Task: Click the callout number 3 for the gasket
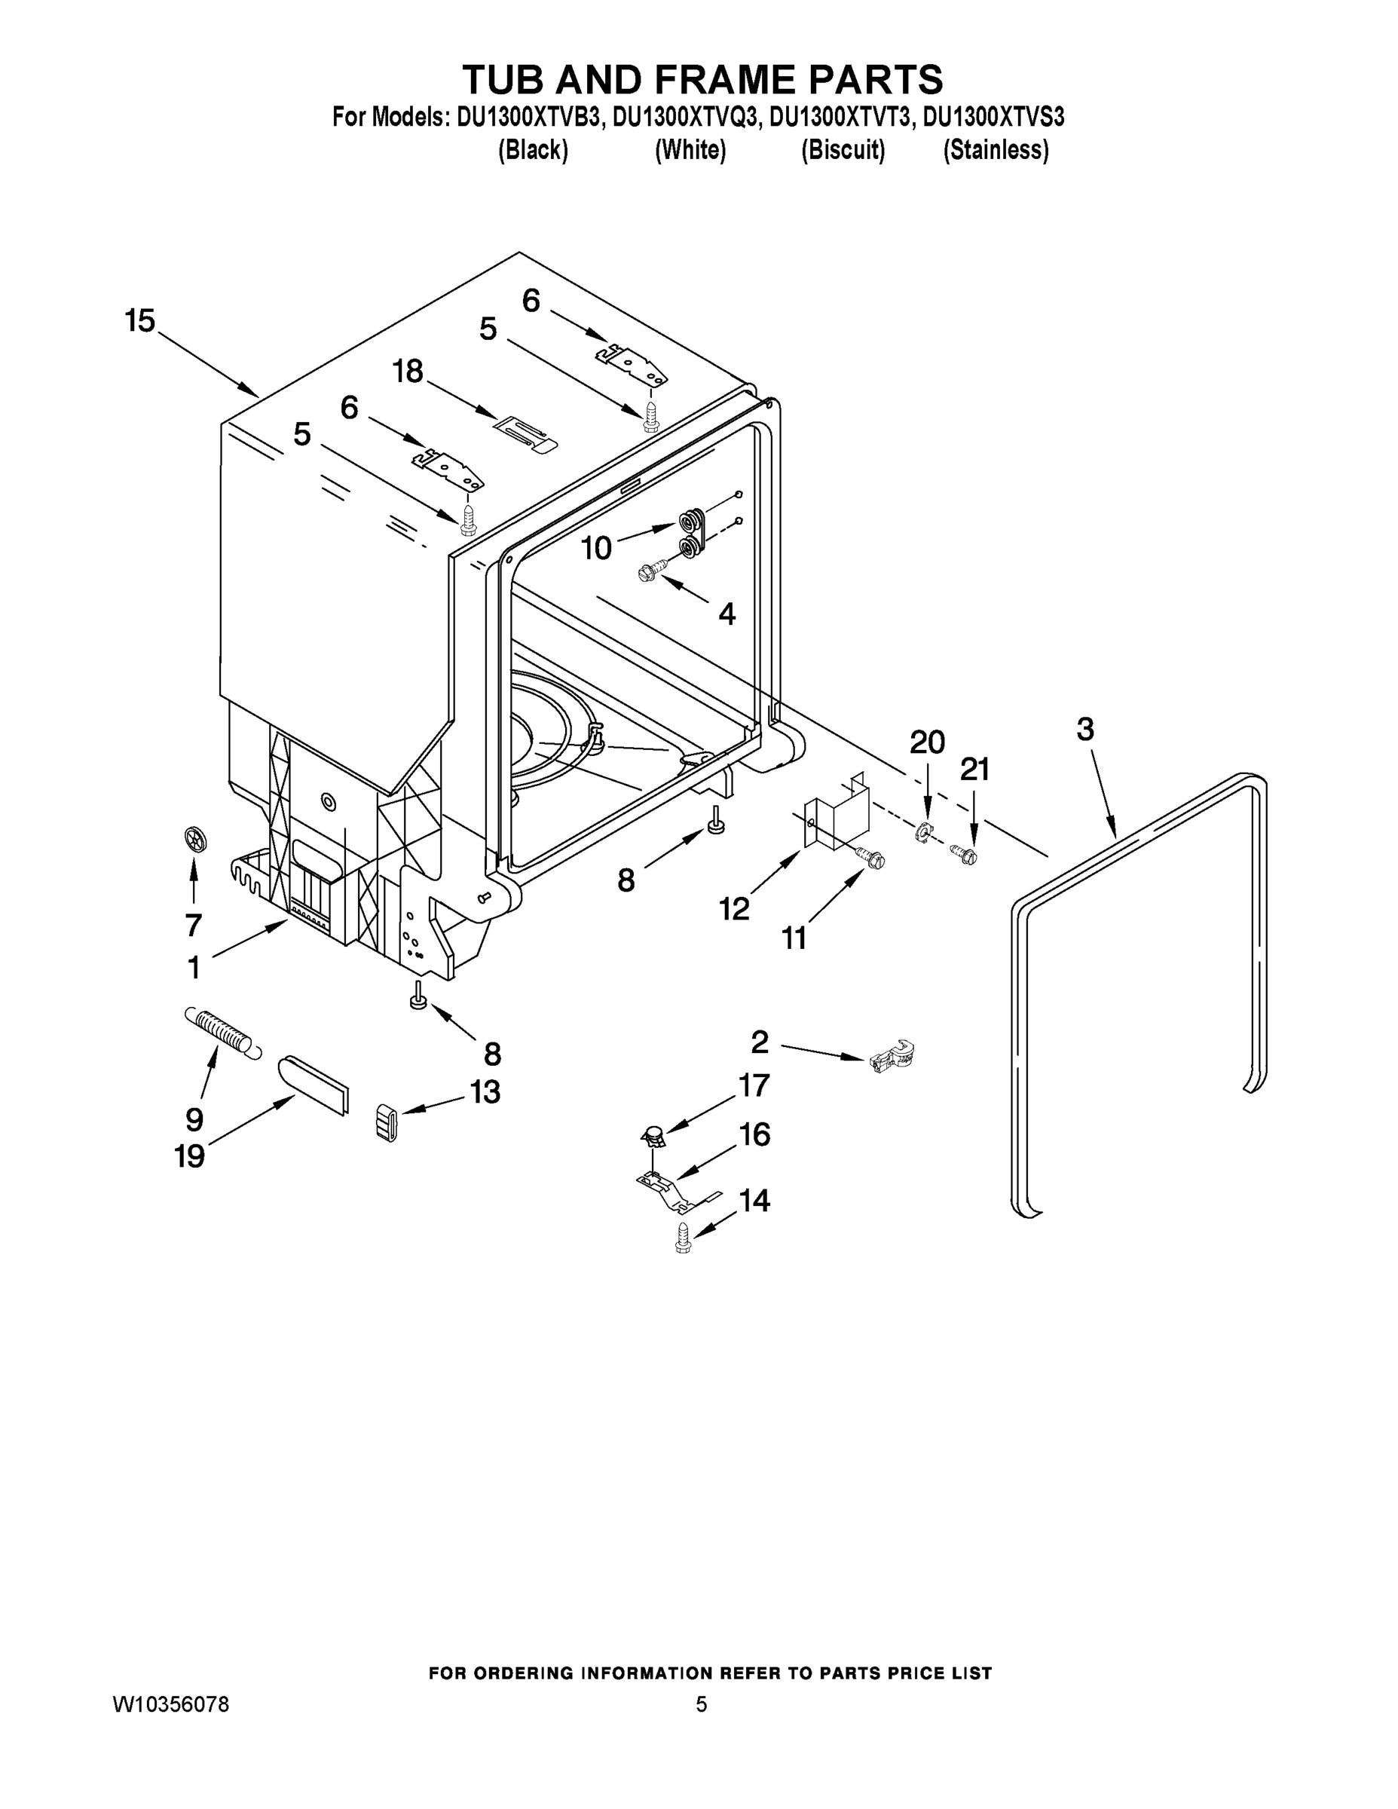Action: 1085,730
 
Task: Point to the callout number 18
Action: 408,371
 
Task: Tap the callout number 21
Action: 974,770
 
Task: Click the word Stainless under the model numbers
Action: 996,151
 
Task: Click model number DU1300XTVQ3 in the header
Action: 685,118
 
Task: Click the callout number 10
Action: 596,547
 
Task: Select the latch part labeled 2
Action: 893,1058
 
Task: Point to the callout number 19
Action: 190,1155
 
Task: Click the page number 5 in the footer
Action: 701,1703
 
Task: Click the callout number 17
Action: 754,1085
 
